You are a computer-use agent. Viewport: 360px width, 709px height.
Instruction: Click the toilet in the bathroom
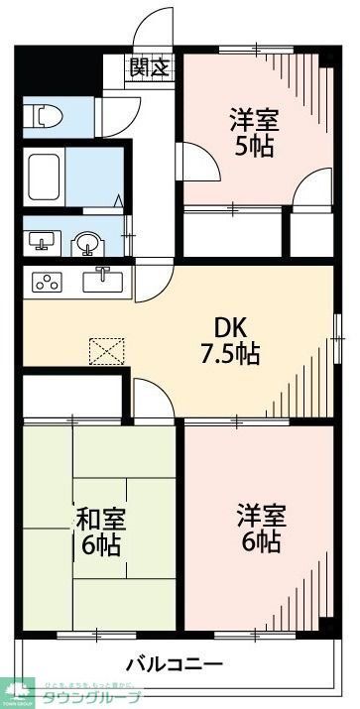tap(43, 117)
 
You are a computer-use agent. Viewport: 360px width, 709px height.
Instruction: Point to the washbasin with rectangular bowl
tap(41, 241)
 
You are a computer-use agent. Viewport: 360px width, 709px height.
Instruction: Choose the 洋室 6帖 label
tap(260, 528)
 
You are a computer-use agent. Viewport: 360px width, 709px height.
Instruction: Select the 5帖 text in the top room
tap(255, 147)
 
